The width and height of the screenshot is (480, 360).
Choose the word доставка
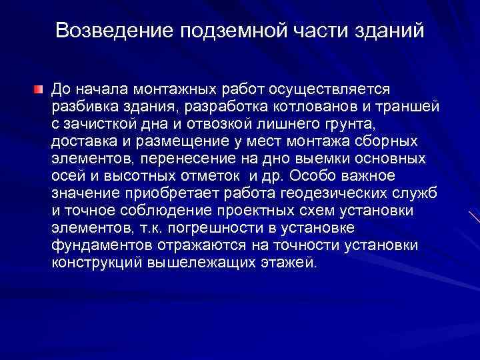tap(82, 141)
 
